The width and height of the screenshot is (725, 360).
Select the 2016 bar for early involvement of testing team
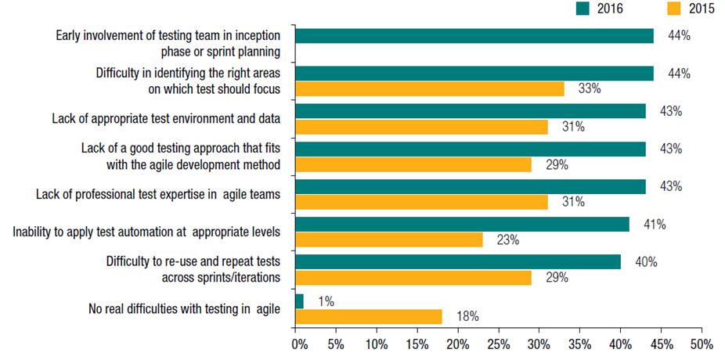click(474, 36)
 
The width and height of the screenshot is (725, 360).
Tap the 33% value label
click(590, 88)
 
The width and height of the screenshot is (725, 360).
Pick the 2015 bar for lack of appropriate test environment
click(422, 126)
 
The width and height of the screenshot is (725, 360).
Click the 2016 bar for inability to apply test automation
click(463, 225)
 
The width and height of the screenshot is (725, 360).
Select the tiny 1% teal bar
click(300, 301)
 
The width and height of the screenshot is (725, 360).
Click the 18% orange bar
click(369, 316)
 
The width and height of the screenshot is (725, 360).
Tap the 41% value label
click(655, 225)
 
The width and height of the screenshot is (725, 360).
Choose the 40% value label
click(646, 262)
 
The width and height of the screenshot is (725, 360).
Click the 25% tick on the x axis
click(498, 344)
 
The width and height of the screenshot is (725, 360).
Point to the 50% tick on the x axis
click(702, 344)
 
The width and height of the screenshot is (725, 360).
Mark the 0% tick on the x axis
click(297, 344)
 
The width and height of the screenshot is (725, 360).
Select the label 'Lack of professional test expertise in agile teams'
click(158, 194)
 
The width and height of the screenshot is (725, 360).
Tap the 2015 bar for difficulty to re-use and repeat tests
click(414, 277)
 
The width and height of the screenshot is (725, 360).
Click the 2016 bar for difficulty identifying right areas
click(474, 74)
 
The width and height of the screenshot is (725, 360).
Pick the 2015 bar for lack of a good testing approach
click(414, 164)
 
